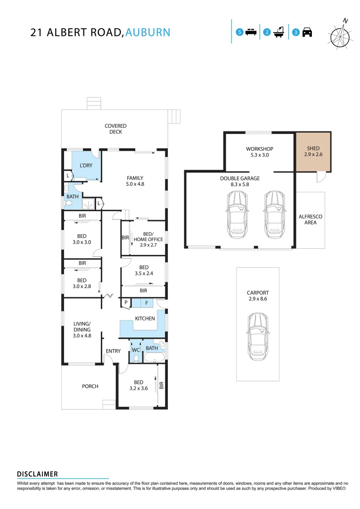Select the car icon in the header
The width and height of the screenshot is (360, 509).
click(x=307, y=33)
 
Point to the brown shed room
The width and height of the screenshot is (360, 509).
click(x=313, y=152)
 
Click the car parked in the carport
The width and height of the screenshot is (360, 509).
click(x=257, y=337)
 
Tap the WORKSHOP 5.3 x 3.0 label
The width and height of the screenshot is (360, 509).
click(x=259, y=152)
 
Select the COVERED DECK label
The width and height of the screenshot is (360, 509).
click(x=115, y=129)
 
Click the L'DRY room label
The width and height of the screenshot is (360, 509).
click(x=86, y=165)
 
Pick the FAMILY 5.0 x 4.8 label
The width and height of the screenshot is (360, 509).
click(x=135, y=181)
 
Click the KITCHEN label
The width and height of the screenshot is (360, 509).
click(x=145, y=319)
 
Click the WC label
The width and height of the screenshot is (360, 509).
click(x=136, y=350)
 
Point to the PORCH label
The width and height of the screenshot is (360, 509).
click(x=90, y=386)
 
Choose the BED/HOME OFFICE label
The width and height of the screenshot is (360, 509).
click(x=148, y=237)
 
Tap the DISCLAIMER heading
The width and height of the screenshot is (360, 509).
click(x=37, y=474)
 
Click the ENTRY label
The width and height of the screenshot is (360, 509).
click(x=113, y=351)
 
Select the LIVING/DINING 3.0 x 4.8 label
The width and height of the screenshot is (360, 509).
click(x=82, y=329)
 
